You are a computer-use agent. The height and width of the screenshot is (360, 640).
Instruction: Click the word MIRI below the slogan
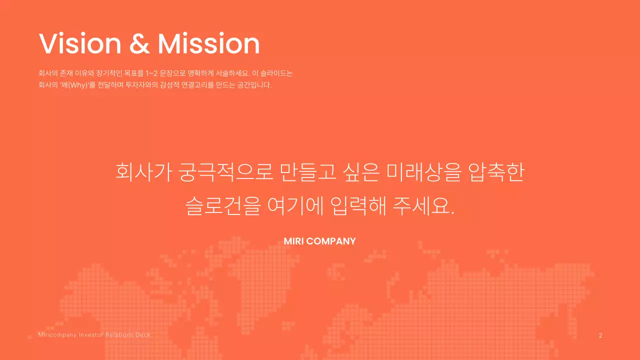click(293, 241)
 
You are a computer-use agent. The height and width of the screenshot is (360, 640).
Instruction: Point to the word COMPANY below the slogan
click(331, 241)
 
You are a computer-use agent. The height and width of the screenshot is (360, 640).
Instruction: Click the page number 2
click(600, 335)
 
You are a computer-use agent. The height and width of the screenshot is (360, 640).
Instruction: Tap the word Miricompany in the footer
click(57, 334)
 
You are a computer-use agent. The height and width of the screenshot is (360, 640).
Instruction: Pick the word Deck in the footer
click(143, 334)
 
